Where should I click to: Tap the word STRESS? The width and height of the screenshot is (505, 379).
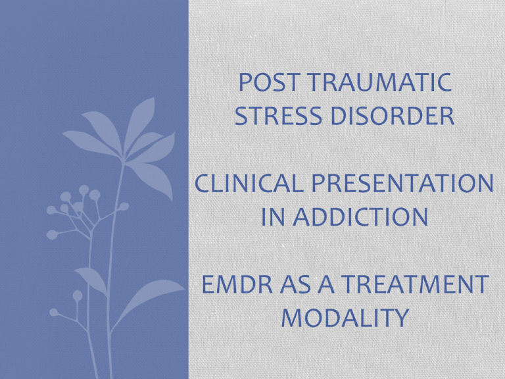pyautogui.click(x=279, y=116)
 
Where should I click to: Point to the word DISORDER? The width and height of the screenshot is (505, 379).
pyautogui.click(x=393, y=116)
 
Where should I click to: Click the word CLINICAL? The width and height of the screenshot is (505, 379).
pyautogui.click(x=249, y=183)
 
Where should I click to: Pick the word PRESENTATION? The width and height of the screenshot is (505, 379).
pyautogui.click(x=402, y=183)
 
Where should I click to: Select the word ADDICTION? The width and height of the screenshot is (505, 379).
pyautogui.click(x=360, y=216)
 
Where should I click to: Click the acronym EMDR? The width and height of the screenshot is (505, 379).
pyautogui.click(x=237, y=284)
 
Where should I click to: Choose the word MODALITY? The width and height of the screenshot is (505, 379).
pyautogui.click(x=345, y=318)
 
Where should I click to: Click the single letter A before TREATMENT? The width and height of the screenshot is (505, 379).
pyautogui.click(x=326, y=284)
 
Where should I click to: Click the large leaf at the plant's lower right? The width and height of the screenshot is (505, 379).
pyautogui.click(x=149, y=300)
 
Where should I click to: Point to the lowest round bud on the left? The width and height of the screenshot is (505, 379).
pyautogui.click(x=54, y=313)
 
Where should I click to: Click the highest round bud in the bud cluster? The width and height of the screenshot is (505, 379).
pyautogui.click(x=84, y=189)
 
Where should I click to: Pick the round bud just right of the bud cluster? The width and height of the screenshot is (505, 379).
pyautogui.click(x=124, y=206)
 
